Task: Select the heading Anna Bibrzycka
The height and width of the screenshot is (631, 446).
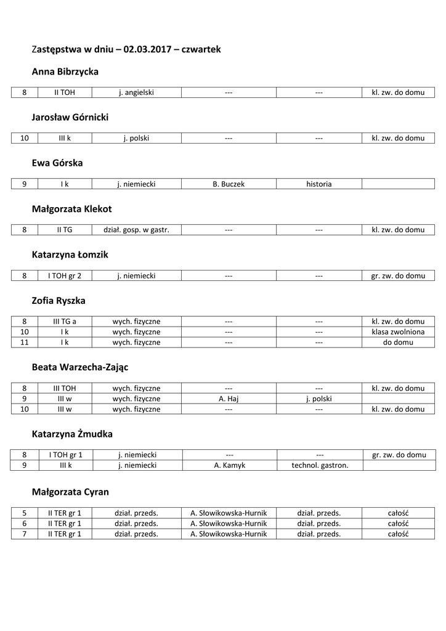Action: pyautogui.click(x=65, y=72)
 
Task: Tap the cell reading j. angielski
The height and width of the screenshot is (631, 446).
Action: pyautogui.click(x=136, y=92)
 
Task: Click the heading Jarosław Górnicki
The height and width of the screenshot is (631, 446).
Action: pyautogui.click(x=70, y=118)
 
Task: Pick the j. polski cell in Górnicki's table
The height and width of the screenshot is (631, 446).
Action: pyautogui.click(x=136, y=138)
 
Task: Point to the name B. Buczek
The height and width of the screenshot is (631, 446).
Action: pyautogui.click(x=229, y=184)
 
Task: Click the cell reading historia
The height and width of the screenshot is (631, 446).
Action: pyautogui.click(x=318, y=184)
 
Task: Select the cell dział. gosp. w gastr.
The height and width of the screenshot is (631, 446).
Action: pyautogui.click(x=136, y=230)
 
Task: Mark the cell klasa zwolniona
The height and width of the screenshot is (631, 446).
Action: pyautogui.click(x=398, y=332)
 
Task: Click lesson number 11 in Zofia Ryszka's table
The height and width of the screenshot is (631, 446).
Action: pyautogui.click(x=25, y=342)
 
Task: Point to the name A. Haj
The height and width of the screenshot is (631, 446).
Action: pyautogui.click(x=229, y=399)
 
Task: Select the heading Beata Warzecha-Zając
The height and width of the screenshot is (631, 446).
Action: pyautogui.click(x=79, y=367)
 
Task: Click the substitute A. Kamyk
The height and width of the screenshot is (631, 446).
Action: pyautogui.click(x=229, y=465)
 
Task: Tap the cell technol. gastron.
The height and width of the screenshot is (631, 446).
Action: pyautogui.click(x=319, y=465)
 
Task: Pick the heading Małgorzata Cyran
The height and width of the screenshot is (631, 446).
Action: pyautogui.click(x=70, y=492)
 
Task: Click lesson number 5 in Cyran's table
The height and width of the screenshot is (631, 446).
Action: pyautogui.click(x=25, y=513)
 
